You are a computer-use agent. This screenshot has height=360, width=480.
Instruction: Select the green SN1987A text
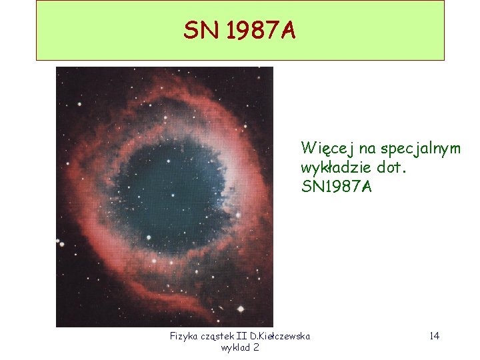click(337, 187)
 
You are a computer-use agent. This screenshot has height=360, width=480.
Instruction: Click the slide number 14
click(434, 336)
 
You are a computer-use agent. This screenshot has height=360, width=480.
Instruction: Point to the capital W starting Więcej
click(307, 147)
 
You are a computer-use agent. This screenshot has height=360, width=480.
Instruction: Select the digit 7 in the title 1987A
click(269, 30)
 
